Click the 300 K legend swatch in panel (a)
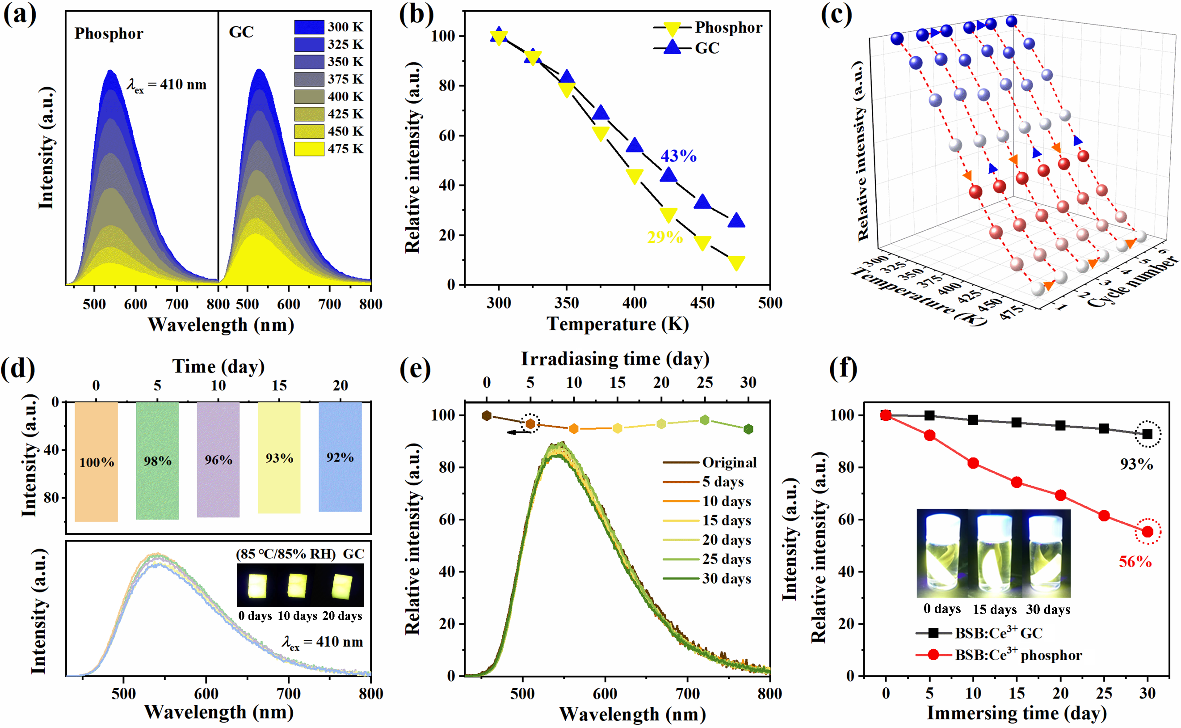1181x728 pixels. (309, 27)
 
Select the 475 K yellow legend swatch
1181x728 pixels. (309, 149)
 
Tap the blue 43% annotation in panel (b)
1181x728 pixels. (678, 156)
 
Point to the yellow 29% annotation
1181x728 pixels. (664, 237)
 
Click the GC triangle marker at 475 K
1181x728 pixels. (736, 221)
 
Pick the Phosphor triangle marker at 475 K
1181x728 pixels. (736, 262)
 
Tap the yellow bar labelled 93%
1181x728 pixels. (279, 457)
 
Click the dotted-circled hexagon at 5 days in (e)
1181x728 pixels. (530, 424)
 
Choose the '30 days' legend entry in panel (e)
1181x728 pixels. (707, 578)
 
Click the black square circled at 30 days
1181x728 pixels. (1147, 434)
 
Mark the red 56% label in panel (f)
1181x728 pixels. (1135, 561)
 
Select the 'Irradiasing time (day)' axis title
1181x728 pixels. (615, 359)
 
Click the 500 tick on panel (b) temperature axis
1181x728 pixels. (770, 303)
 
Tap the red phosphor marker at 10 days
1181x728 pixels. (973, 463)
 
